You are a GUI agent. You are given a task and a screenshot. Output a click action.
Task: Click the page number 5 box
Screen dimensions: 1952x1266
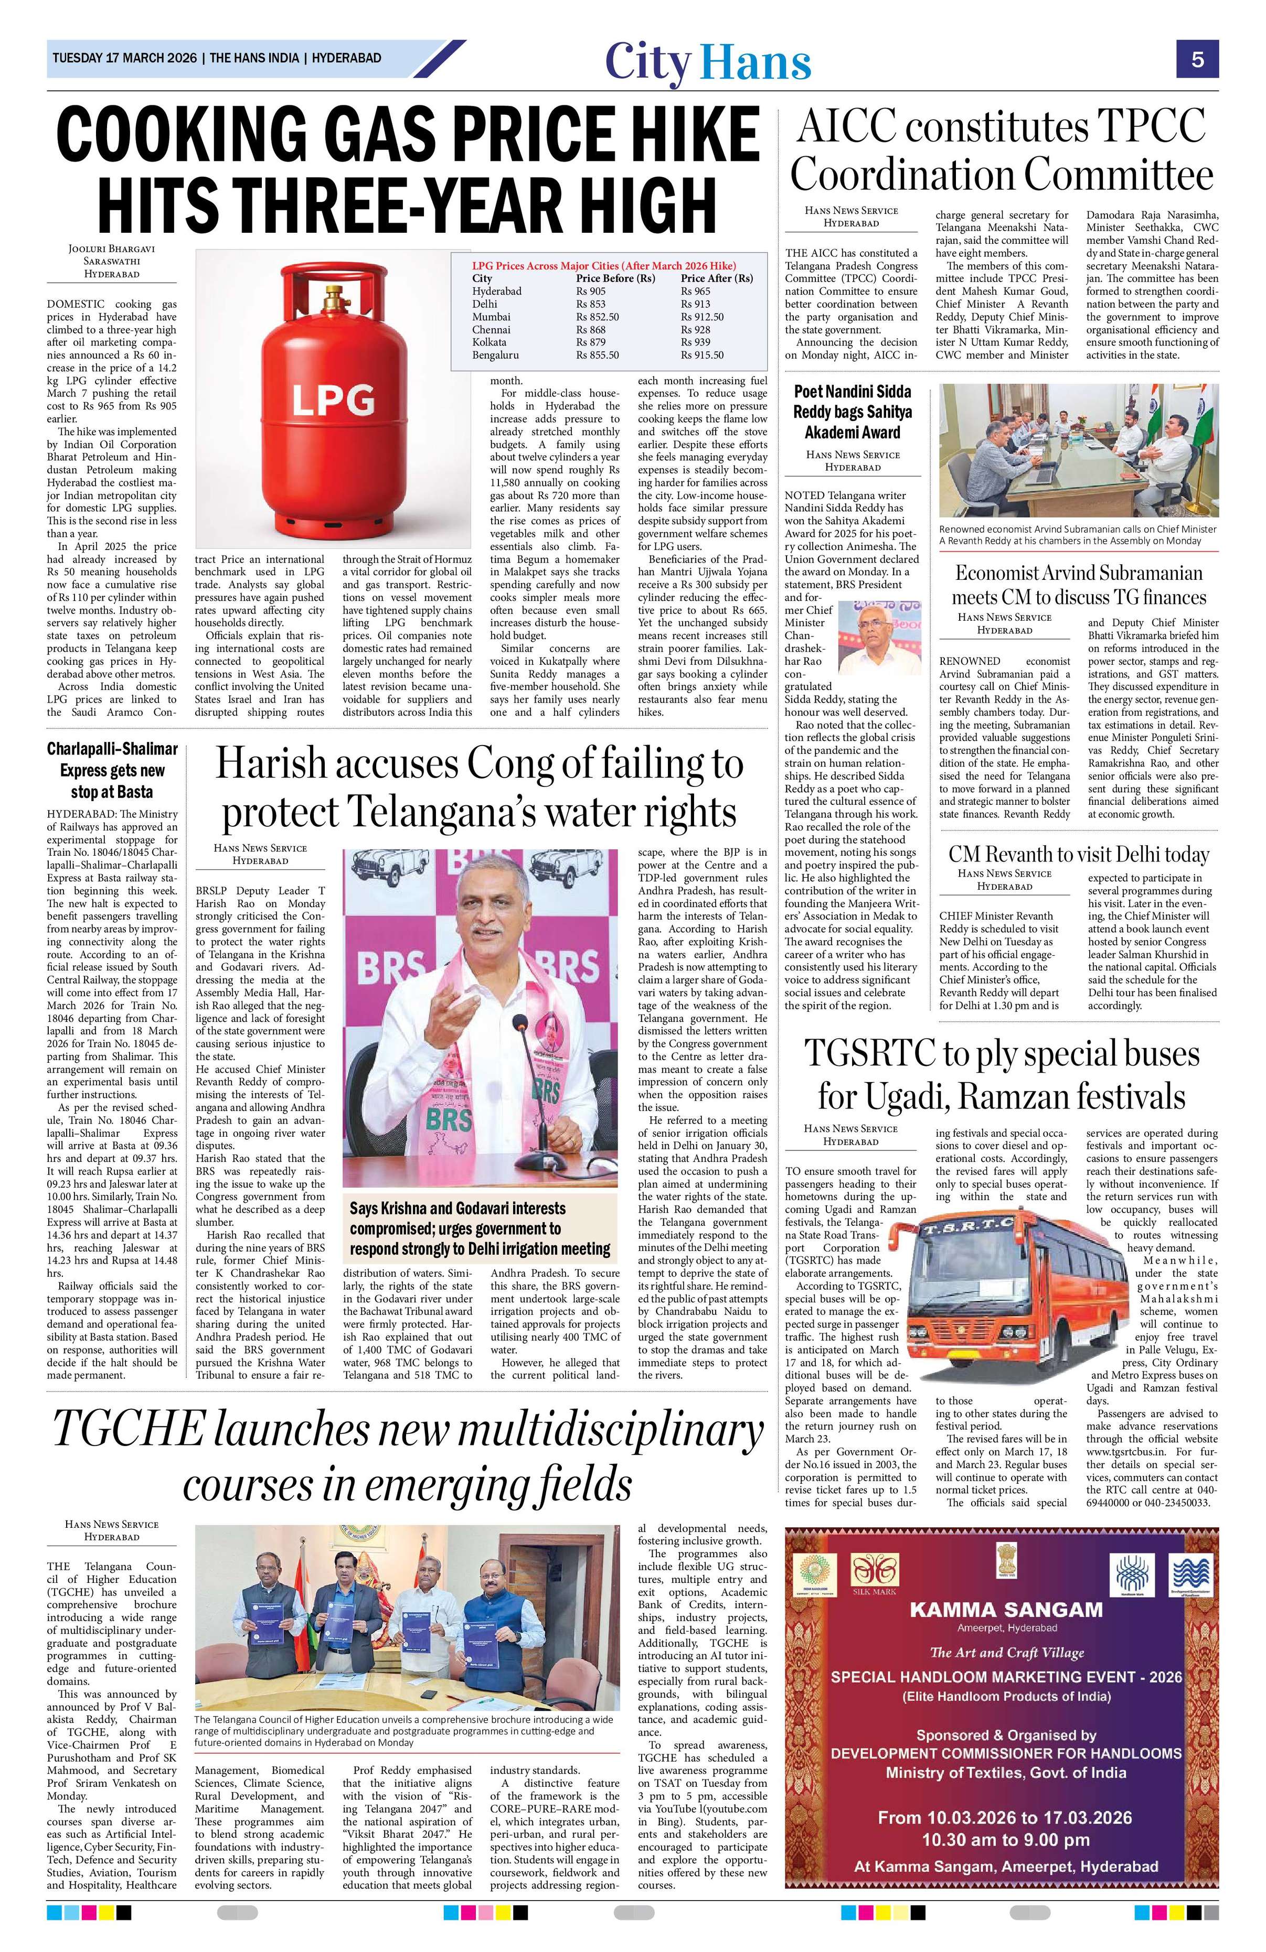tap(1197, 60)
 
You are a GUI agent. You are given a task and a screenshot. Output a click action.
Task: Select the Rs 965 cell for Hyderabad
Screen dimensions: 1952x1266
tap(696, 291)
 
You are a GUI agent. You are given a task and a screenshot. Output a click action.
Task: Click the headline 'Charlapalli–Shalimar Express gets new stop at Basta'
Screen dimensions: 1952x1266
tap(112, 769)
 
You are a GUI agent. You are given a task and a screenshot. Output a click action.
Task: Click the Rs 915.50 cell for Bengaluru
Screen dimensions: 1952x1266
tap(701, 355)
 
